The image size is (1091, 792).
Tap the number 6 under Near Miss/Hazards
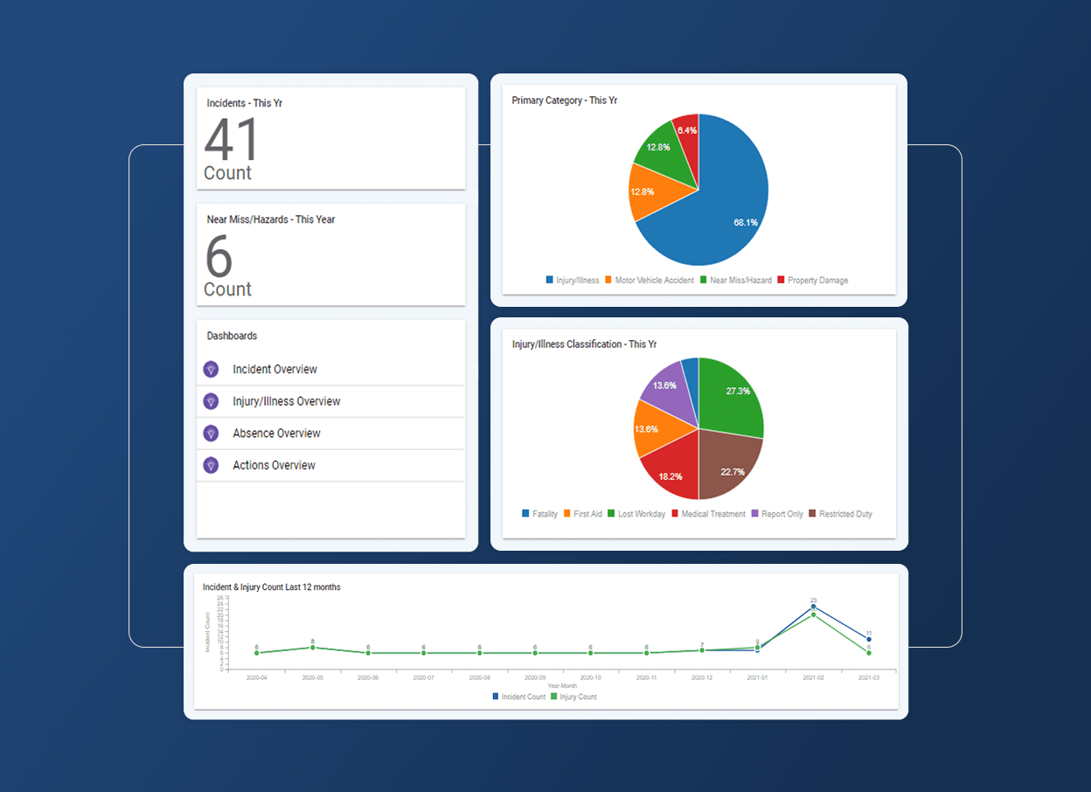[x=219, y=256]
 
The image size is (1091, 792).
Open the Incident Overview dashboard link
[x=274, y=370]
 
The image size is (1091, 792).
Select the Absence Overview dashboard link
[x=276, y=434]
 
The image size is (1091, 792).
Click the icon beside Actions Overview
[x=211, y=465]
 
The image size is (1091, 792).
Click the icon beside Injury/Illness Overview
[x=211, y=401]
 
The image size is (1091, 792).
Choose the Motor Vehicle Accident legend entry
[x=649, y=281]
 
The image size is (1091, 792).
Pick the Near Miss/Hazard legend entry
[x=735, y=281]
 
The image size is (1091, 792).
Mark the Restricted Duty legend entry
[x=840, y=514]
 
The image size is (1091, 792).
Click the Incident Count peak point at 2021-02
[x=813, y=607]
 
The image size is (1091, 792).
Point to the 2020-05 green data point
[x=312, y=648]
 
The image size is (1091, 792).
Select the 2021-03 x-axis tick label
[x=868, y=677]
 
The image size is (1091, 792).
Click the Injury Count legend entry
[x=573, y=697]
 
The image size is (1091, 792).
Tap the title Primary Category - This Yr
[x=564, y=101]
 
